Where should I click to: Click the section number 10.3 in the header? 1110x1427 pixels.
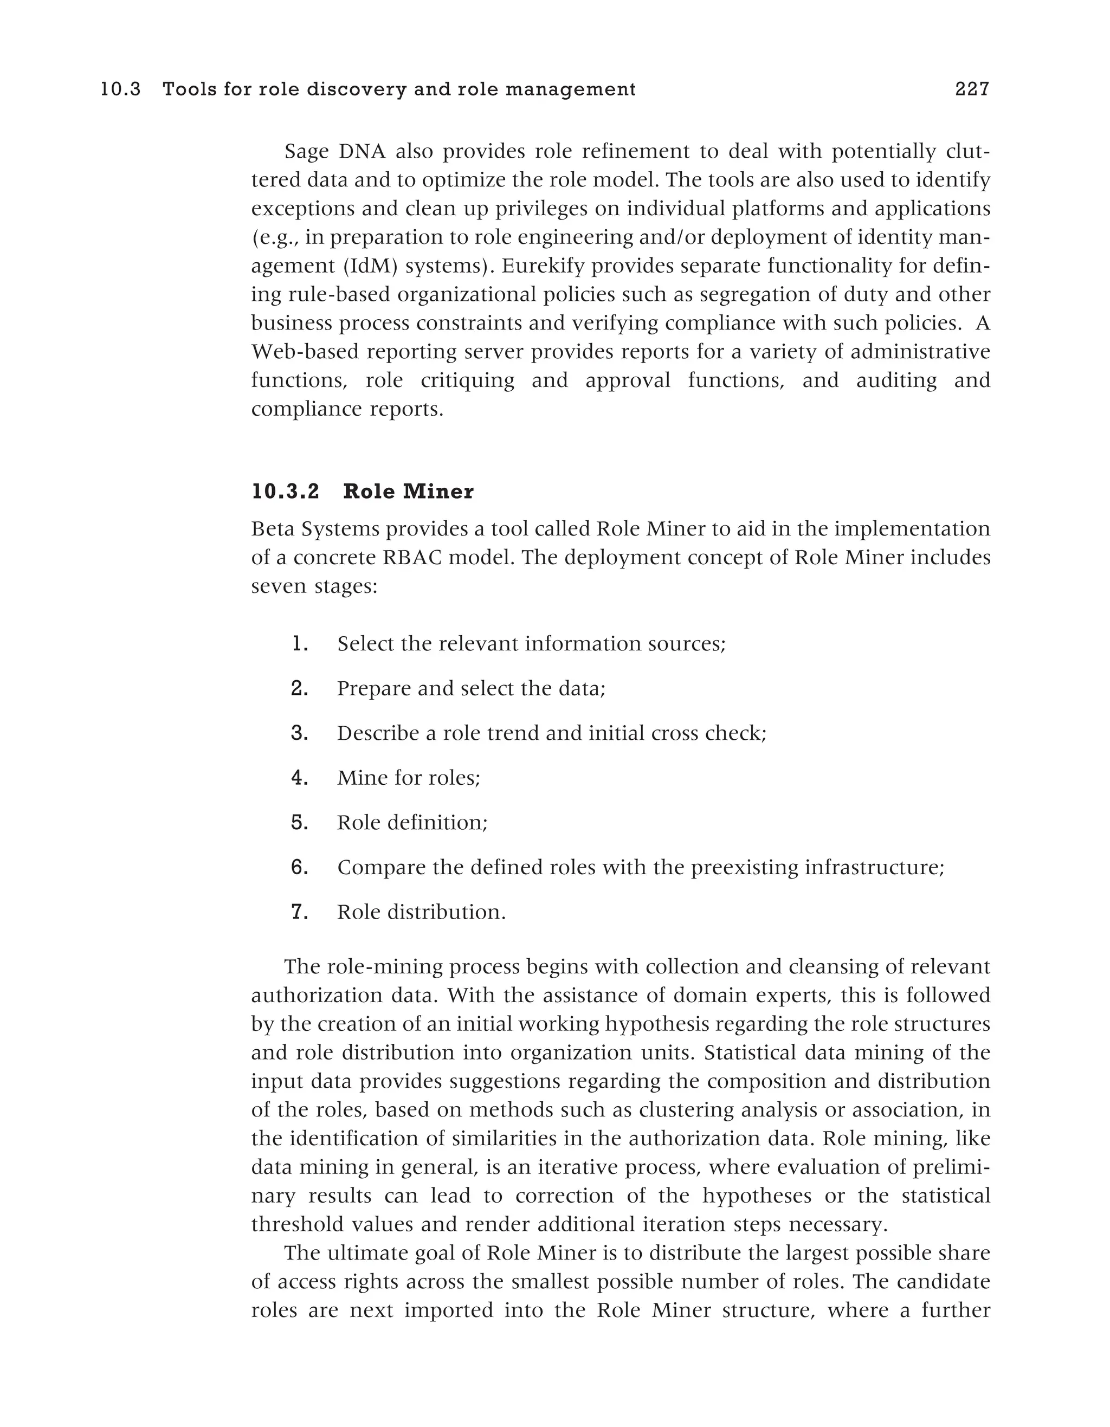(x=120, y=89)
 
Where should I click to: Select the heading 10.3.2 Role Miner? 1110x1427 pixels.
(x=363, y=492)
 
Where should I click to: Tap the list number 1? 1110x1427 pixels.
(x=300, y=644)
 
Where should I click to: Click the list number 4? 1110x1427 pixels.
(x=300, y=778)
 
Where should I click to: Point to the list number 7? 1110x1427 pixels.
(x=300, y=912)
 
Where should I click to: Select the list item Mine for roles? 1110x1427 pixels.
(x=408, y=778)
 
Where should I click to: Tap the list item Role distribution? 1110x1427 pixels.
(x=421, y=912)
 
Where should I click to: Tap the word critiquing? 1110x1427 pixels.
(x=467, y=380)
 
